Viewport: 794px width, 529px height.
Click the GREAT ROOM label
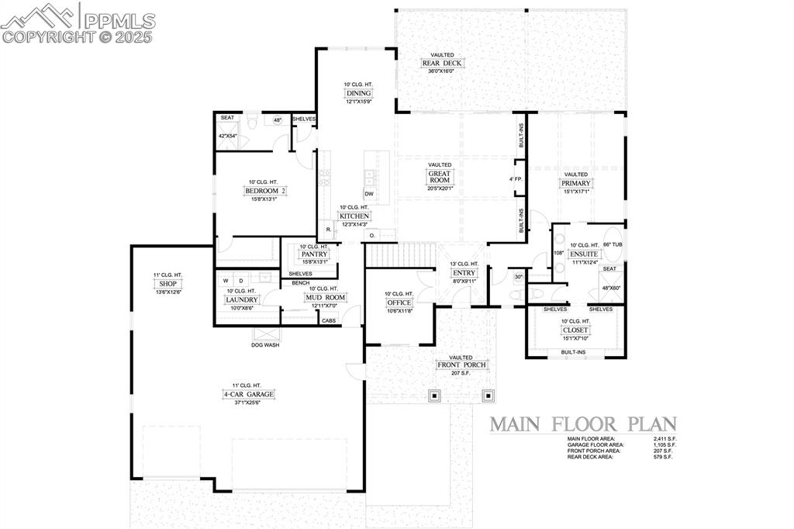pos(440,177)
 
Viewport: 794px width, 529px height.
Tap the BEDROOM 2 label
pos(266,191)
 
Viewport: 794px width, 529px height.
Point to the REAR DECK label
pos(438,64)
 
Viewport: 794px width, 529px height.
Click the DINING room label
pos(358,93)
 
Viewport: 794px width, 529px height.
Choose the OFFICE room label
pos(399,303)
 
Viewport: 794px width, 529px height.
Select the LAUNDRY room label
pos(241,299)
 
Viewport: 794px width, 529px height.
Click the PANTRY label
pos(315,254)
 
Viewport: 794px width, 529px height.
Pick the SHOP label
pos(167,284)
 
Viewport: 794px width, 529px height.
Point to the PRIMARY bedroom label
pos(576,184)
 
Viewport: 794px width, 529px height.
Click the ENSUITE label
pos(584,254)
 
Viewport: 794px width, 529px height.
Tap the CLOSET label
pos(575,330)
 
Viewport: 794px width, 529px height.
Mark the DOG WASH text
pos(266,344)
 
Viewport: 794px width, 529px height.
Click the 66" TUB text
pos(612,245)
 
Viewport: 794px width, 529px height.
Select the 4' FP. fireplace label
pos(516,179)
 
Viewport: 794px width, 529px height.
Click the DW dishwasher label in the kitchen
pos(369,194)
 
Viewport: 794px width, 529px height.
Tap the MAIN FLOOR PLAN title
pos(582,424)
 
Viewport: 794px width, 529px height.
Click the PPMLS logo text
pos(119,21)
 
